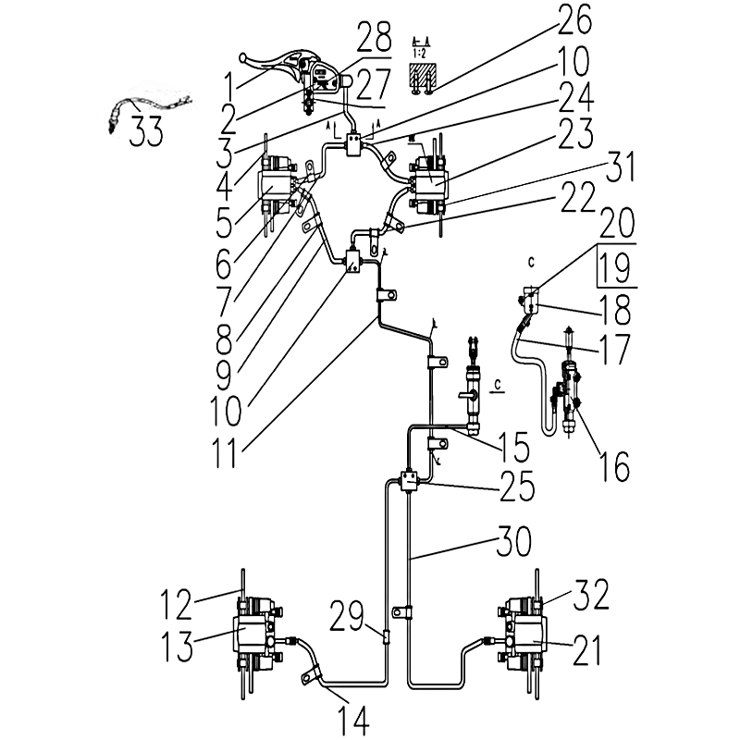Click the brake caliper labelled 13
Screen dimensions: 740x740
tap(253, 635)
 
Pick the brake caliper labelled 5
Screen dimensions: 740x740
tap(277, 188)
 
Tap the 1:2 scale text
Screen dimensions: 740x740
tap(421, 54)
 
